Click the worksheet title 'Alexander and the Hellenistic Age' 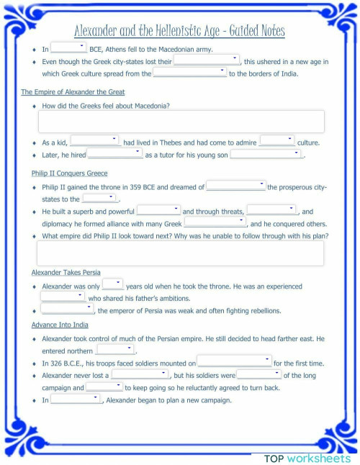coord(179,31)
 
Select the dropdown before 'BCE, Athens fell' coord(69,48)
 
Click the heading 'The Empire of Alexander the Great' coord(73,92)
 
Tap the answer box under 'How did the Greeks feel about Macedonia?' coord(180,122)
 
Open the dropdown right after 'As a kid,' coord(94,141)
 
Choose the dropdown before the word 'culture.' coord(276,141)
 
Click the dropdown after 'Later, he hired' coord(114,154)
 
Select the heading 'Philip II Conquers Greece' coord(69,173)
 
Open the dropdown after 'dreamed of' coord(236,186)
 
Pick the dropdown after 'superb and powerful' coord(158,211)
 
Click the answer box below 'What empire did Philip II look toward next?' coord(180,253)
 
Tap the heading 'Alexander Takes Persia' coord(66,273)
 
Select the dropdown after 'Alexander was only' coord(113,285)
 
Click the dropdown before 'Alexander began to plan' coord(76,399)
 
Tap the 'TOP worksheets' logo coord(307,458)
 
